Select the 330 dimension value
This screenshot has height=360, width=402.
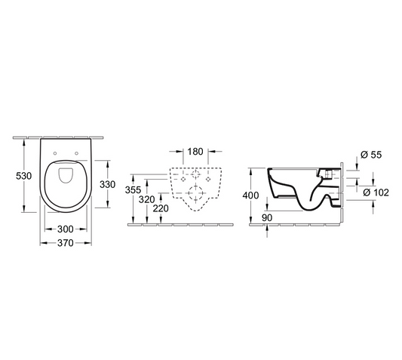[108, 183]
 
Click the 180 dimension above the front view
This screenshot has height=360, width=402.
[195, 152]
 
